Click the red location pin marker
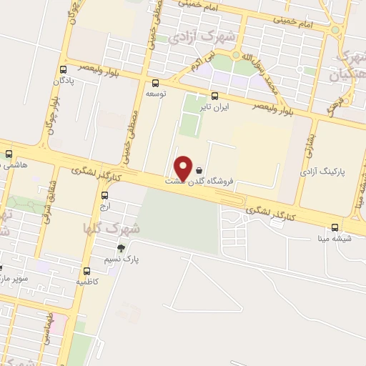pos(183,168)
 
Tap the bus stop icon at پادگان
pos(64,69)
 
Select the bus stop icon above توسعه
pos(156,83)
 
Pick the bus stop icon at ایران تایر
pos(214,95)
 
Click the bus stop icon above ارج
pos(105,195)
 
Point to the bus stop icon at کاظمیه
pos(86,271)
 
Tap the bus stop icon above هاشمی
pos(9,153)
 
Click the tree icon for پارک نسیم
pos(121,248)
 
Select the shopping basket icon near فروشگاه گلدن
pos(198,171)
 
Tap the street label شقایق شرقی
pos(46,204)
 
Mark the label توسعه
pos(156,94)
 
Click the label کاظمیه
pos(87,282)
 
